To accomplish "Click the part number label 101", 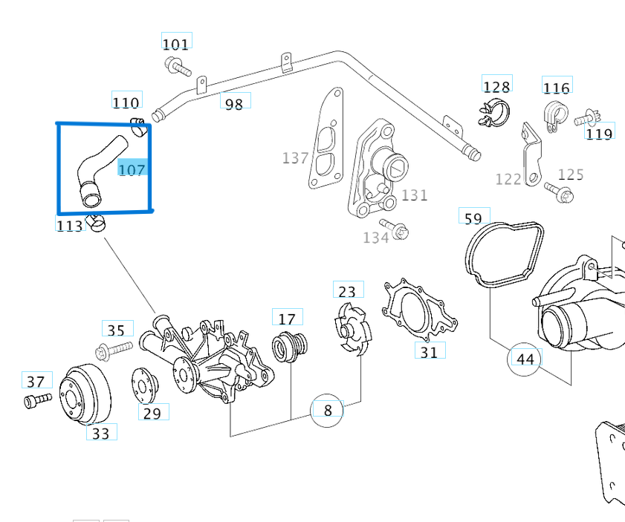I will click(176, 44).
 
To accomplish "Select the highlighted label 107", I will click(132, 169).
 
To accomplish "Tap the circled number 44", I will click(525, 359).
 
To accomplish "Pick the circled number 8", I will click(327, 409).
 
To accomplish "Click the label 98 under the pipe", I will click(234, 104).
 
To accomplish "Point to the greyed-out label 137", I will click(295, 158).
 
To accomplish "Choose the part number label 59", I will click(473, 218).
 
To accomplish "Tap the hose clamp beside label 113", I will click(96, 221).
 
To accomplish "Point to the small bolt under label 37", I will click(37, 400).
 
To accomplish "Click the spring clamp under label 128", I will click(493, 112).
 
